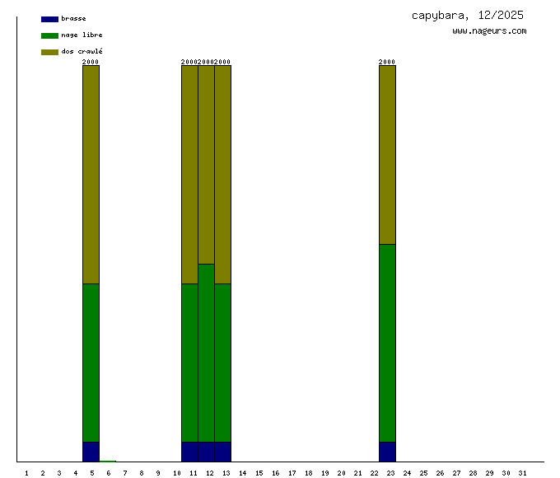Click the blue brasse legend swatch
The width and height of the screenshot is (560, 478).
tap(49, 19)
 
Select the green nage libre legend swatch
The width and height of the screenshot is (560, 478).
tap(49, 35)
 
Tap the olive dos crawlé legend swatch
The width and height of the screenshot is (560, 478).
tap(49, 52)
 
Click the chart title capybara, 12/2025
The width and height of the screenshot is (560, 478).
tap(467, 16)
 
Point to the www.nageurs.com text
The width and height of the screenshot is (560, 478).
tap(489, 31)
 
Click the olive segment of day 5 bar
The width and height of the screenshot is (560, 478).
tap(91, 174)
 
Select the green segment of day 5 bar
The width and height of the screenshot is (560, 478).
tap(91, 363)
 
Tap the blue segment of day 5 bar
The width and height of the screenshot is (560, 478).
tap(91, 452)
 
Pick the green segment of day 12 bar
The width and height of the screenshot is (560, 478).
tap(207, 353)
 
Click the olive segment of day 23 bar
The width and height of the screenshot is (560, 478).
tap(387, 154)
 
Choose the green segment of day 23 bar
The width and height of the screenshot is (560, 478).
tap(387, 343)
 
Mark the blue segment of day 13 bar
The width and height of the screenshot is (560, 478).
tap(223, 452)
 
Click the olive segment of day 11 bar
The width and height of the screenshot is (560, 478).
tap(190, 174)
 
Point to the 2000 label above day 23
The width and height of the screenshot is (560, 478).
tap(387, 62)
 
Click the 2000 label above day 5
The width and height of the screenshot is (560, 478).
tap(91, 62)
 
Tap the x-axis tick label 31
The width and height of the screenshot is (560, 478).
tap(522, 473)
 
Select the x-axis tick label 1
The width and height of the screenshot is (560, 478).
tap(26, 473)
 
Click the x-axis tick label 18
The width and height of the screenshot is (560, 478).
tap(308, 473)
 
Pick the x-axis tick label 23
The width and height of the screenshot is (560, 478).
tap(391, 473)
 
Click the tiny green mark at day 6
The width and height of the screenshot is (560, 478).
tap(108, 461)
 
